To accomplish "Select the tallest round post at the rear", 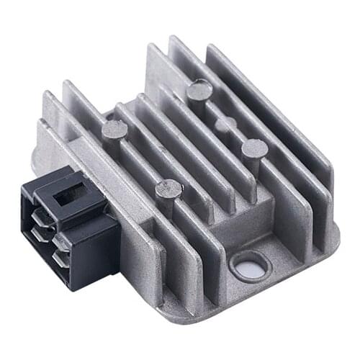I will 199,91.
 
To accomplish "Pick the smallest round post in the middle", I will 225,125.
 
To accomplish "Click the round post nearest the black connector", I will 114,130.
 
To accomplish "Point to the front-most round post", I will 168,190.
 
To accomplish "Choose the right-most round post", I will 254,149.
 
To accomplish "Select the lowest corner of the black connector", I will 73,288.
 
